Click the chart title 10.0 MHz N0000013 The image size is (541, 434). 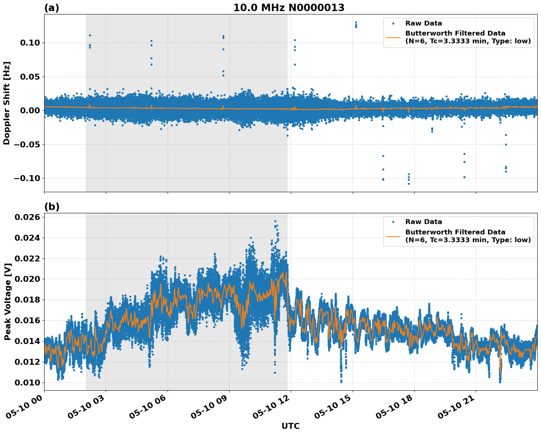click(x=288, y=8)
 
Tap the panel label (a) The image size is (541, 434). click(x=52, y=8)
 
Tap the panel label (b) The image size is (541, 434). click(x=52, y=207)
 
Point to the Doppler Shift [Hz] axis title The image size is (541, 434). click(x=7, y=103)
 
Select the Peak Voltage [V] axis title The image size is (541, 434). click(x=7, y=301)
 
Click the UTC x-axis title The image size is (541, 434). click(x=290, y=426)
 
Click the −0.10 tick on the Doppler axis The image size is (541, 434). click(x=28, y=178)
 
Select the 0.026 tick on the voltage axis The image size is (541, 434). click(x=27, y=217)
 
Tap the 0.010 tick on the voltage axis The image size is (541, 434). click(x=27, y=383)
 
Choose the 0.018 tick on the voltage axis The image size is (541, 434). click(x=27, y=300)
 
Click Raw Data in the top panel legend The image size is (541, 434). click(x=423, y=23)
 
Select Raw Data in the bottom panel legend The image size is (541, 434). click(x=423, y=222)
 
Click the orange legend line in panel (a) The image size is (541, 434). click(x=393, y=37)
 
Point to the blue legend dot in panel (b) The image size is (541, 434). click(x=393, y=222)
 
